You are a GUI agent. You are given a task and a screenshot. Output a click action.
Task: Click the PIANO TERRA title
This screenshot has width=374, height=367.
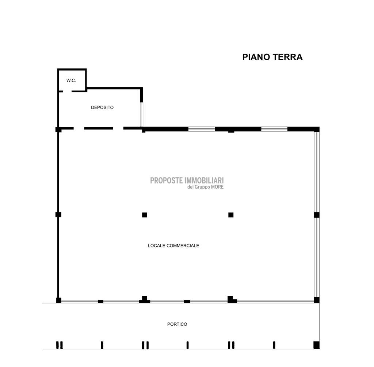click(272, 57)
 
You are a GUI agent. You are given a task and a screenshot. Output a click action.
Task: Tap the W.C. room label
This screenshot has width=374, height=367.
click(71, 80)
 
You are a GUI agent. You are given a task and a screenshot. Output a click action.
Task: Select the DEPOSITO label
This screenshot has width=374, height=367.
click(102, 107)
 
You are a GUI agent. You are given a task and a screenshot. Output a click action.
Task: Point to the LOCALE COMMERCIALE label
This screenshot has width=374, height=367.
click(173, 246)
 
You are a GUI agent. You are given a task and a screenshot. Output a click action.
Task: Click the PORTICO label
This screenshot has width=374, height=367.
click(177, 324)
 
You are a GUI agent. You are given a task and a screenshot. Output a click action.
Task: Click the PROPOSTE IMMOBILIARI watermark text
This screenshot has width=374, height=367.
click(187, 181)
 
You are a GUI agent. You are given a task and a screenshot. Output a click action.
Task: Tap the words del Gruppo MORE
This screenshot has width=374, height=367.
click(205, 187)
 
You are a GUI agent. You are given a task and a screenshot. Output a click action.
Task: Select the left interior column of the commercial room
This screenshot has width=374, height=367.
click(145, 215)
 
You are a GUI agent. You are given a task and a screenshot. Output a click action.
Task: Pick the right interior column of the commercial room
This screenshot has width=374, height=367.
click(231, 215)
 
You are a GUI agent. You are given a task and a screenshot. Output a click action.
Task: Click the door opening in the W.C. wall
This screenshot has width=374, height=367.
click(68, 91)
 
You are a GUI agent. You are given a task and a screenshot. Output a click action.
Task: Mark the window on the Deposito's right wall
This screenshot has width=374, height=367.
click(141, 114)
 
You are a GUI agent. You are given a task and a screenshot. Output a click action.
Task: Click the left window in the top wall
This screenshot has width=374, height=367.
click(202, 129)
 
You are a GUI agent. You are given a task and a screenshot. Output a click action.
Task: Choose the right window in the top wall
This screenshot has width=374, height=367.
click(274, 129)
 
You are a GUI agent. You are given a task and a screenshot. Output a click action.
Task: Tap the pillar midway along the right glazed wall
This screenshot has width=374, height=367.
click(317, 215)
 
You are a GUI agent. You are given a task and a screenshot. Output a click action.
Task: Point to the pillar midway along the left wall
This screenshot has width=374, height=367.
click(58, 215)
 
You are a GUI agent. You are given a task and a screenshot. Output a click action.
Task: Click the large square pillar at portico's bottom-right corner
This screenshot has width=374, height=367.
click(316, 345)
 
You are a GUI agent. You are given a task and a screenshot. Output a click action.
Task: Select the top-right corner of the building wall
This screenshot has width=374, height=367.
click(319, 127)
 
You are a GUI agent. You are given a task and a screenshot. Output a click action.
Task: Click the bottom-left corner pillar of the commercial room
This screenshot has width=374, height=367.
click(59, 300)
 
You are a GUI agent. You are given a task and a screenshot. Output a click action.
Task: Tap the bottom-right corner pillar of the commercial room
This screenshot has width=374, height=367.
click(317, 300)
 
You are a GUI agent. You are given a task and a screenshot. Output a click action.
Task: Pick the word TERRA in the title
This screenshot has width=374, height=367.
click(287, 57)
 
